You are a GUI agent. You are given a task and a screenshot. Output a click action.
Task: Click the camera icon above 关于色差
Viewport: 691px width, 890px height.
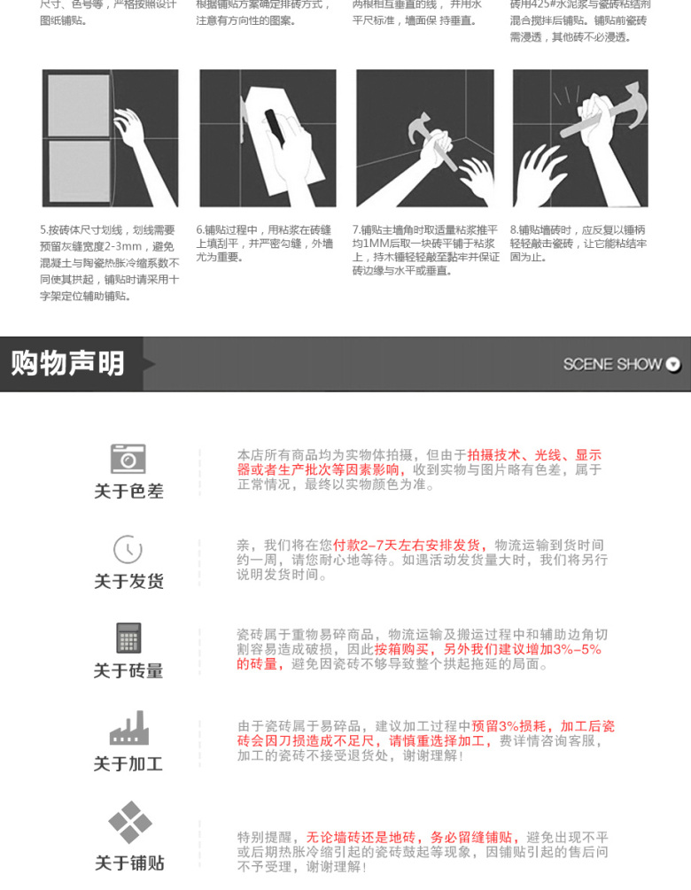pyautogui.click(x=128, y=459)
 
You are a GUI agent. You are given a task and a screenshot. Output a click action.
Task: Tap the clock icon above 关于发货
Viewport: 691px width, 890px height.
pyautogui.click(x=128, y=549)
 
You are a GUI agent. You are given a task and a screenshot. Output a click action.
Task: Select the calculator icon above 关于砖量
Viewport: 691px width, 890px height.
pyautogui.click(x=128, y=638)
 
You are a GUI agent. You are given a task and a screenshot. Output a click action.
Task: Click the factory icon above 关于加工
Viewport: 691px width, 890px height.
pyautogui.click(x=128, y=729)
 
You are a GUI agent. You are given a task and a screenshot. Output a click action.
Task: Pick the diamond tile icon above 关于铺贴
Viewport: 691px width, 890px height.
pyautogui.click(x=129, y=823)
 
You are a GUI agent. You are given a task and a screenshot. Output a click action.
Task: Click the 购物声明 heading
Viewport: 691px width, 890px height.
pyautogui.click(x=68, y=363)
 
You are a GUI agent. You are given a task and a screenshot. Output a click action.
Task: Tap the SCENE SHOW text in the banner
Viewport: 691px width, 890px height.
pyautogui.click(x=612, y=364)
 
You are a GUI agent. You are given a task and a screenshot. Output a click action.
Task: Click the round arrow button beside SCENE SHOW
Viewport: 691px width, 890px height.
pyautogui.click(x=673, y=364)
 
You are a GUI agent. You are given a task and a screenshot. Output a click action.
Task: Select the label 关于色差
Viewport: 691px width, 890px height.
pyautogui.click(x=128, y=491)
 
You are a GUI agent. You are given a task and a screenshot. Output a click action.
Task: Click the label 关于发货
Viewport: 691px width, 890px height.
pyautogui.click(x=128, y=581)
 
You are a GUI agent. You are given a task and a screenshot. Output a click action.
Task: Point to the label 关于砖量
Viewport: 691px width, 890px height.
pyautogui.click(x=128, y=671)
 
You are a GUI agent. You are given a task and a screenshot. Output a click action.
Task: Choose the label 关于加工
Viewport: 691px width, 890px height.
pyautogui.click(x=128, y=763)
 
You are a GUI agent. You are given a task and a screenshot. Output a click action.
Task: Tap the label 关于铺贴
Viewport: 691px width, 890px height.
pyautogui.click(x=129, y=863)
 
